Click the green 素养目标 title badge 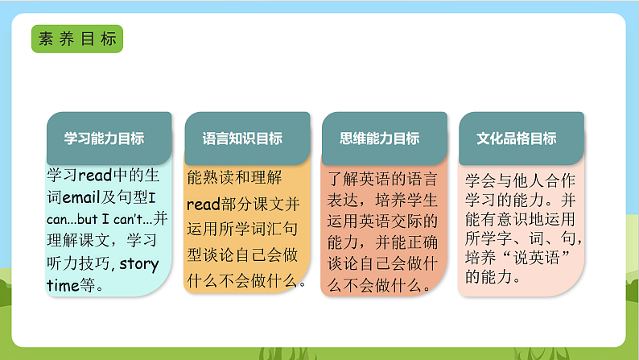pyautogui.click(x=77, y=38)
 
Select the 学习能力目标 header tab pyautogui.click(x=105, y=139)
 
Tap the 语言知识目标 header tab pyautogui.click(x=243, y=139)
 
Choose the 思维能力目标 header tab pyautogui.click(x=381, y=139)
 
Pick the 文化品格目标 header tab pyautogui.click(x=517, y=139)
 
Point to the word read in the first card pyautogui.click(x=95, y=176)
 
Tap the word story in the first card pyautogui.click(x=139, y=263)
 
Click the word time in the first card pyautogui.click(x=63, y=284)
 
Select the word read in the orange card pyautogui.click(x=203, y=205)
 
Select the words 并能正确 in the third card pyautogui.click(x=407, y=242)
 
